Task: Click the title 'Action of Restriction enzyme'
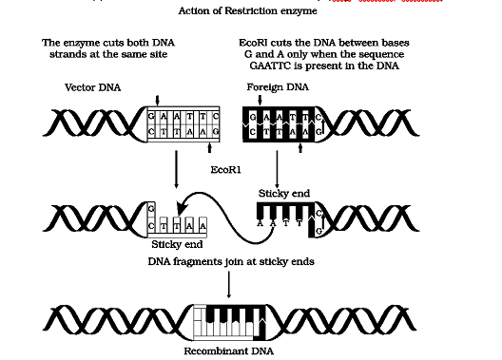point(252,11)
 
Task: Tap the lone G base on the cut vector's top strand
point(153,206)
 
